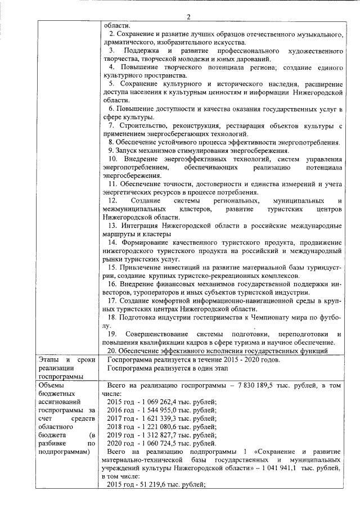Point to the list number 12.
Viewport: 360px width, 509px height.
(112, 201)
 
